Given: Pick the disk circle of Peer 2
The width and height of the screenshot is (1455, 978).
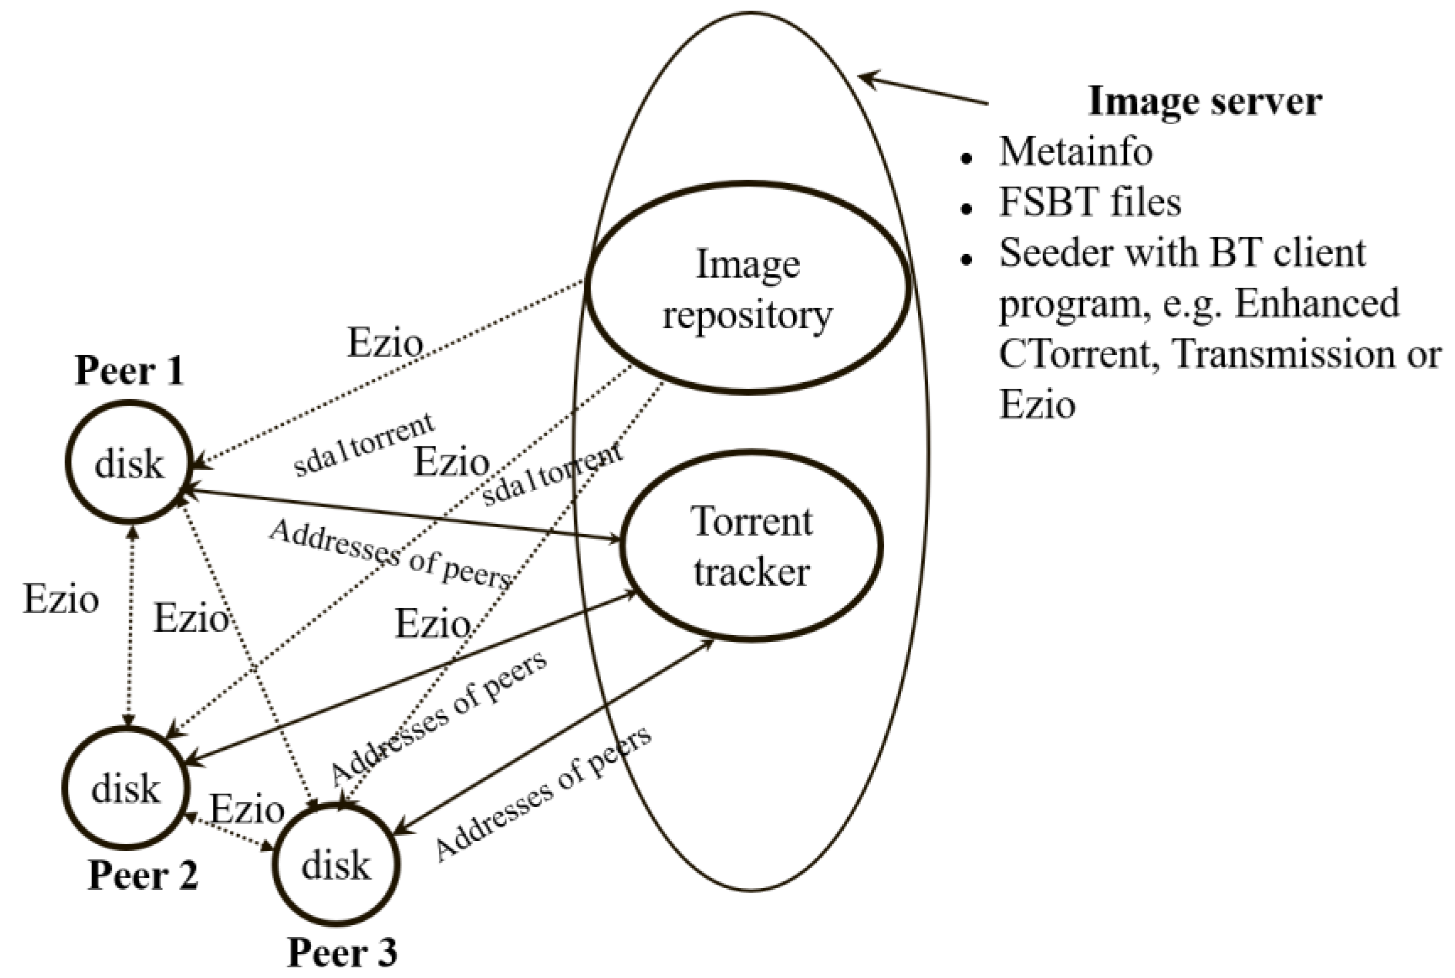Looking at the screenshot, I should click(126, 789).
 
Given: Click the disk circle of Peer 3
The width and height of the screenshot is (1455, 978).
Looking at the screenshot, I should click(336, 865).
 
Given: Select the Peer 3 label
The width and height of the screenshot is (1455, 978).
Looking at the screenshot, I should click(342, 953).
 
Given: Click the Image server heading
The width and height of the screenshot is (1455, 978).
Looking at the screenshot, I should click(1204, 101).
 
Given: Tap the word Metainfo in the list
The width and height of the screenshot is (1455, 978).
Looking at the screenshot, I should click(1075, 152).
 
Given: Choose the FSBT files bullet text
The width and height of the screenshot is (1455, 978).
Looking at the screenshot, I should click(1090, 203).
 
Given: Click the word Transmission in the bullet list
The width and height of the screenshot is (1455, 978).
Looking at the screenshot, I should click(1284, 354).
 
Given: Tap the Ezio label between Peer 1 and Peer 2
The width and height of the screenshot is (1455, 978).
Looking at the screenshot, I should click(61, 600).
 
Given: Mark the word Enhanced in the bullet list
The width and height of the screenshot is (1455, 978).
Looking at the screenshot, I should click(1317, 304).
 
